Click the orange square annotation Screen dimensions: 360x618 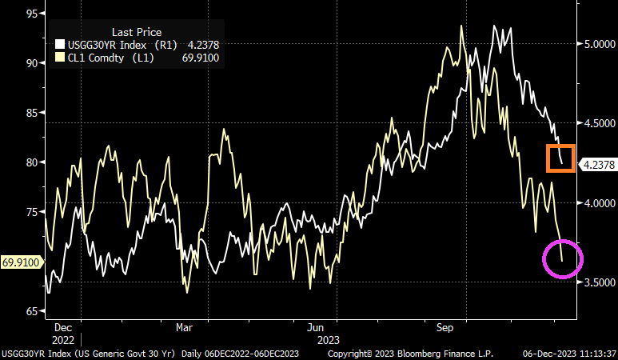pos(560,158)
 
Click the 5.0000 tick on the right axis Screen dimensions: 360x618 pos(596,44)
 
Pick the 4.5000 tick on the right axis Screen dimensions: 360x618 pos(596,123)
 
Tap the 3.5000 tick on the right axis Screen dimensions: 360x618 pos(596,282)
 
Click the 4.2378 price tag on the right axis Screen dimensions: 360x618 pos(598,166)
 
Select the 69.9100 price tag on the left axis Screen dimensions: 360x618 pos(21,262)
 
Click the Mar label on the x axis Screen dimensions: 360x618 pos(185,327)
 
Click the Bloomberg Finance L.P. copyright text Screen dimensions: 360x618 pos(410,353)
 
